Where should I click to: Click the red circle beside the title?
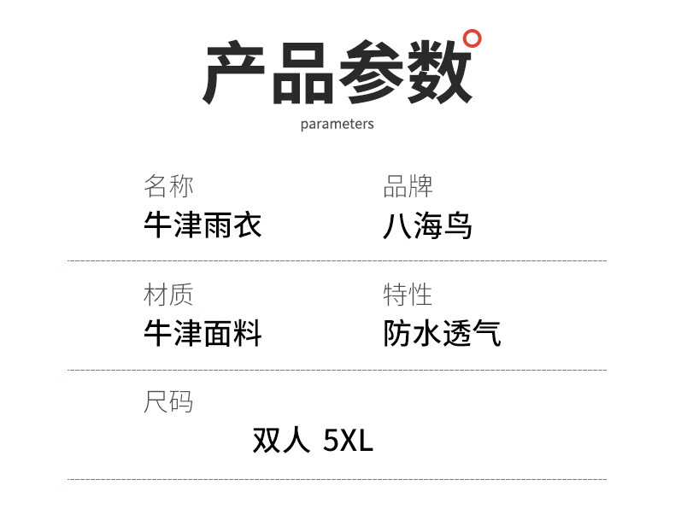pyautogui.click(x=472, y=38)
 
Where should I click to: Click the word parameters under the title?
pyautogui.click(x=337, y=124)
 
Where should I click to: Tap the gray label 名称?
pyautogui.click(x=168, y=185)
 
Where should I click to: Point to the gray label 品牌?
pyautogui.click(x=408, y=185)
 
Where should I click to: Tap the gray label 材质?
pyautogui.click(x=168, y=295)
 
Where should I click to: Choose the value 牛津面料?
pyautogui.click(x=202, y=333)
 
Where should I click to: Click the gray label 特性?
pyautogui.click(x=408, y=295)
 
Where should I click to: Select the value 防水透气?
pyautogui.click(x=442, y=333)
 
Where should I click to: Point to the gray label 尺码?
pyautogui.click(x=168, y=401)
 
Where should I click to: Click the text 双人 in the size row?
pyautogui.click(x=281, y=440)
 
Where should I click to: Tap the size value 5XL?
pyautogui.click(x=349, y=441)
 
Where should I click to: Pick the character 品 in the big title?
pyautogui.click(x=303, y=75)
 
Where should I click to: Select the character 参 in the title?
pyautogui.click(x=371, y=75)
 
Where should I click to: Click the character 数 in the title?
pyautogui.click(x=437, y=75)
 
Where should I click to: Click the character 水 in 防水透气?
pyautogui.click(x=427, y=333)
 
